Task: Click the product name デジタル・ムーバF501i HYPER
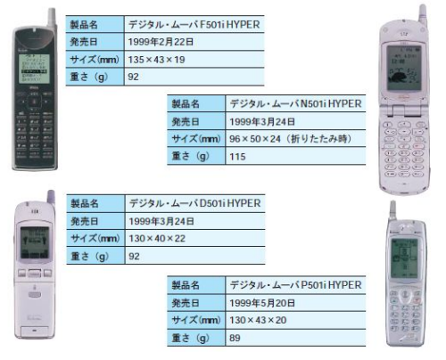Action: pyautogui.click(x=194, y=24)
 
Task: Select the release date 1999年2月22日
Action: pyautogui.click(x=161, y=42)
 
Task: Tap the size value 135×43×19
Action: pyautogui.click(x=156, y=60)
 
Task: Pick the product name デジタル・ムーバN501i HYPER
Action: pyautogui.click(x=295, y=103)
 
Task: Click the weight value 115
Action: pyautogui.click(x=237, y=157)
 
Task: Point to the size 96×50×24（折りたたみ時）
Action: pyautogui.click(x=291, y=139)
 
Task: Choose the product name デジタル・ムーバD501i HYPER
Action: pyautogui.click(x=194, y=203)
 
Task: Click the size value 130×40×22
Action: pyautogui.click(x=157, y=238)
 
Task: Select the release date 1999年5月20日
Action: pyautogui.click(x=262, y=303)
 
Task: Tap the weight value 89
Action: pyautogui.click(x=235, y=338)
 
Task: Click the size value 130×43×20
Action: pyautogui.click(x=258, y=320)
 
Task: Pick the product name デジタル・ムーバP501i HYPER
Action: pyautogui.click(x=295, y=285)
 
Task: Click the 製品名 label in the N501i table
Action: pyautogui.click(x=186, y=104)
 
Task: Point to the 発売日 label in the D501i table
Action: pyautogui.click(x=85, y=221)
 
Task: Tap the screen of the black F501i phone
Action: pyautogui.click(x=34, y=69)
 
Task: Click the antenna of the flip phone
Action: pyautogui.click(x=422, y=14)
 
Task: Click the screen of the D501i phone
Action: pyautogui.click(x=35, y=242)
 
